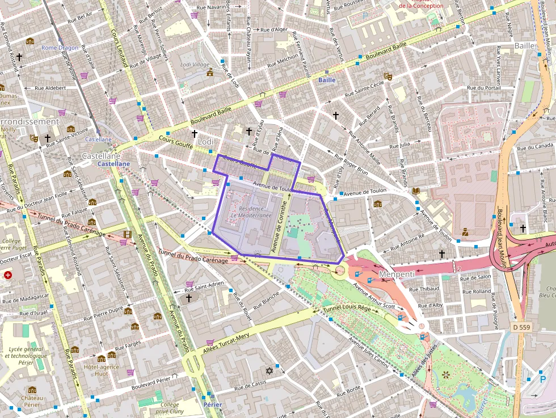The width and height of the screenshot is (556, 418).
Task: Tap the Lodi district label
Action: point(205,141)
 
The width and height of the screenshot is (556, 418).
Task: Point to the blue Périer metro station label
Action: point(212,404)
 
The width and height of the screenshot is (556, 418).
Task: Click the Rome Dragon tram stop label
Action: point(60,48)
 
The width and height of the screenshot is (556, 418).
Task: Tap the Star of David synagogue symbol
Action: point(269,371)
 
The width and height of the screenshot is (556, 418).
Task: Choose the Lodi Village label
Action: point(195,65)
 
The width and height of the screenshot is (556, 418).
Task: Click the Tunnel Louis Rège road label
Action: point(347,309)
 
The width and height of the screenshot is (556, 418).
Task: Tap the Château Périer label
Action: point(32,402)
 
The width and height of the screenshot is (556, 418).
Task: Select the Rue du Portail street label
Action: point(483,88)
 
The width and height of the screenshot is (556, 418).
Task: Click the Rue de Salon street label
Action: point(476,277)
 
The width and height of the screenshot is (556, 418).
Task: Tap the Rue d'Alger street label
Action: point(273,29)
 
